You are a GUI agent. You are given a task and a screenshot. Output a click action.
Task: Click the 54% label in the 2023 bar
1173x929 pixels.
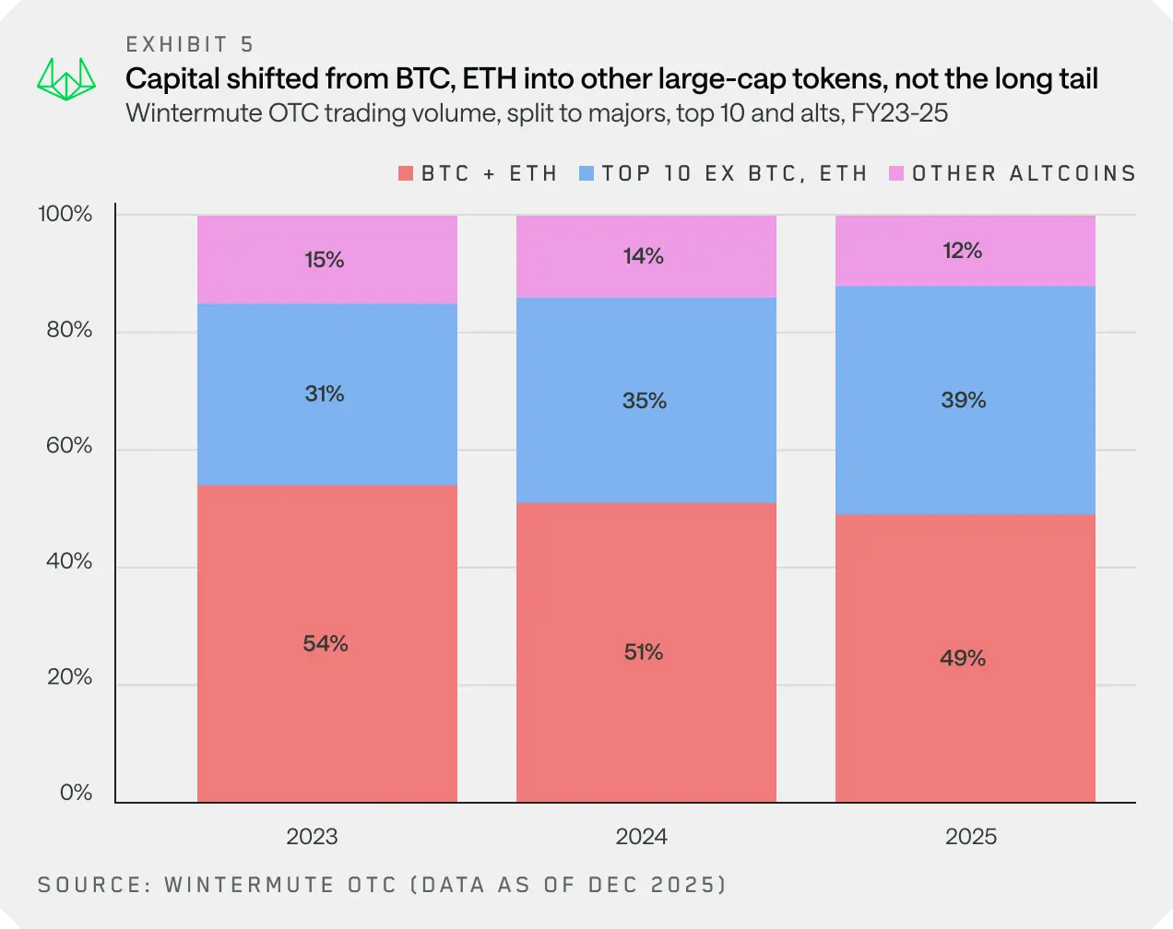click(x=326, y=643)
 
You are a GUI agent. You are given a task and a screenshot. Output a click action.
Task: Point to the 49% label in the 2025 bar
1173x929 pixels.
click(x=963, y=658)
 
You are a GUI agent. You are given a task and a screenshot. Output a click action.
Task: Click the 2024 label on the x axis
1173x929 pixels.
click(x=642, y=836)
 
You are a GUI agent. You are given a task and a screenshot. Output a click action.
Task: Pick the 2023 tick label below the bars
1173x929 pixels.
click(x=312, y=836)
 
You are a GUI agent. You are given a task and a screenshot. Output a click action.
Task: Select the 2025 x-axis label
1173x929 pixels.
click(x=971, y=836)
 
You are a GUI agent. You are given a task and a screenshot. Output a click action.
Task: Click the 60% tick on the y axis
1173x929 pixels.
click(x=69, y=446)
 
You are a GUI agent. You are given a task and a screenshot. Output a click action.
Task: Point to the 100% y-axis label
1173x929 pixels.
click(x=65, y=215)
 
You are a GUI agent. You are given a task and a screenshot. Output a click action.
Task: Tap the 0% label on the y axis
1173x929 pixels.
click(x=76, y=793)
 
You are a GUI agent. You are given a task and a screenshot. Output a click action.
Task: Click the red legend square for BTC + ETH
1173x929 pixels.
click(x=406, y=173)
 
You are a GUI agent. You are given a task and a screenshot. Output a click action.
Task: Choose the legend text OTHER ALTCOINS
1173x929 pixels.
click(x=1024, y=173)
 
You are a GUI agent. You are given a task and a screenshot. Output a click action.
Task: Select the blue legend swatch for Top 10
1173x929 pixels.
click(x=586, y=173)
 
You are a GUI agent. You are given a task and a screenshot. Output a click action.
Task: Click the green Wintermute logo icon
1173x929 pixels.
click(x=66, y=81)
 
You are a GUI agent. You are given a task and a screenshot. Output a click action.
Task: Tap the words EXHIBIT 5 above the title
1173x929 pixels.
click(x=190, y=44)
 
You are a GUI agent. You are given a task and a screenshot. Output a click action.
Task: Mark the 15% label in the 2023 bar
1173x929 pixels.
click(x=325, y=260)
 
